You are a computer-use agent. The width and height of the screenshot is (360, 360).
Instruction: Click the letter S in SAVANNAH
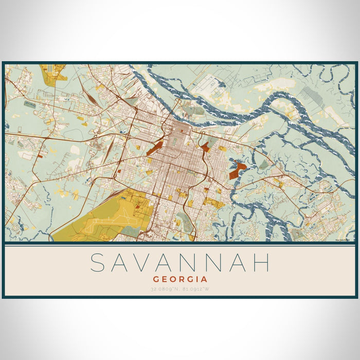click(x=100, y=263)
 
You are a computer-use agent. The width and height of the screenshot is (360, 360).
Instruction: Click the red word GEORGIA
click(x=180, y=279)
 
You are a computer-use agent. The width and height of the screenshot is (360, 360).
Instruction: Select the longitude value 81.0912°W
click(x=196, y=289)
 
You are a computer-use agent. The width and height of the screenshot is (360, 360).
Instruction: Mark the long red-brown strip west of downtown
click(x=154, y=148)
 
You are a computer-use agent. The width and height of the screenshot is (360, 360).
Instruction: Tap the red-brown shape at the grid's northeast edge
click(x=205, y=147)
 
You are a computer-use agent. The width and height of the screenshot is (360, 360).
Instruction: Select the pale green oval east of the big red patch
click(x=263, y=165)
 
